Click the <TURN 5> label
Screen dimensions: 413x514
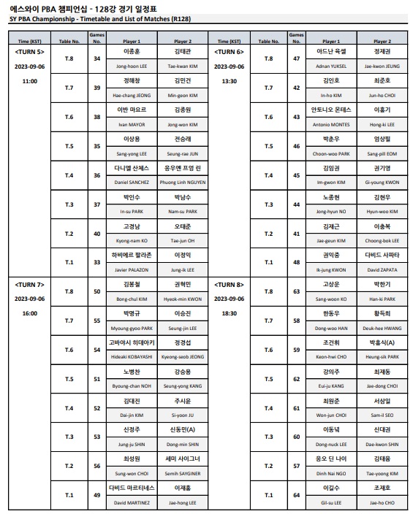[x=30, y=52]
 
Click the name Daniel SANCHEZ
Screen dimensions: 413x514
[x=132, y=181]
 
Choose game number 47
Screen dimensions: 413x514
[x=297, y=58]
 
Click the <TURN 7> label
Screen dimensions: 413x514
[x=30, y=283]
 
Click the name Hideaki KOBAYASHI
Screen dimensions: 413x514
[x=132, y=356]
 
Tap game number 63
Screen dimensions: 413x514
[x=297, y=291]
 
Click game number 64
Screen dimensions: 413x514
[x=297, y=495]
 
